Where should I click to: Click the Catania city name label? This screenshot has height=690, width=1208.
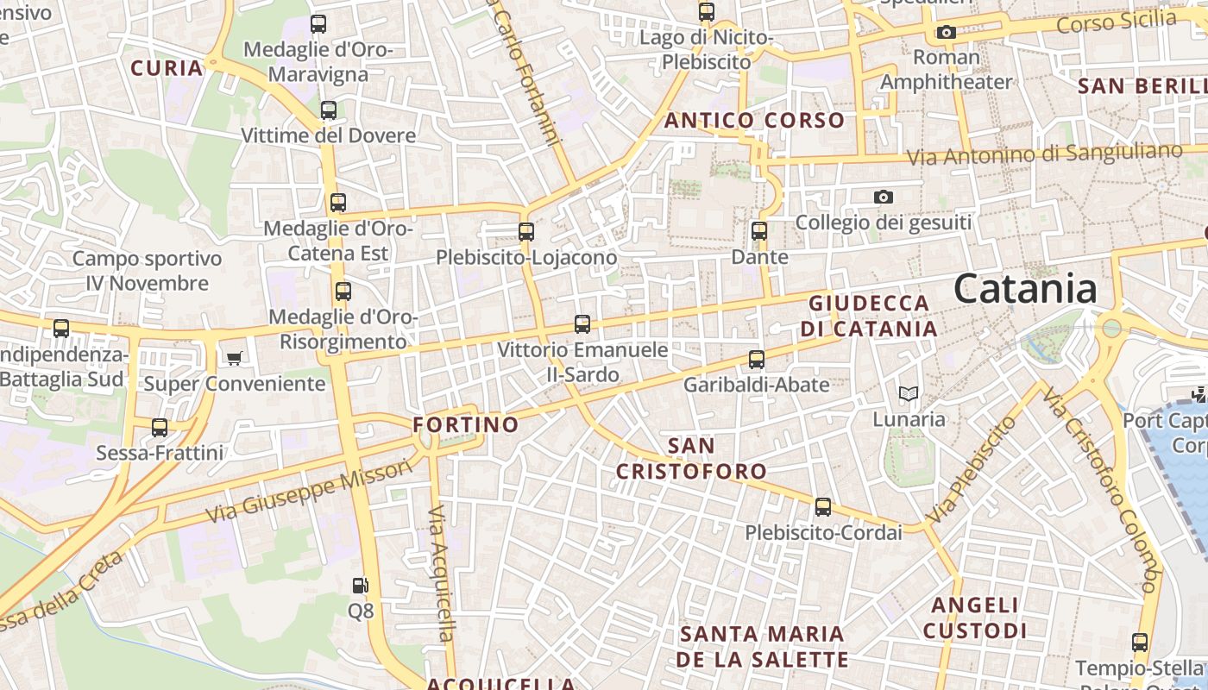(x=1025, y=289)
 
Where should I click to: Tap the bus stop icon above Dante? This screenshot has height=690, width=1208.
(x=758, y=231)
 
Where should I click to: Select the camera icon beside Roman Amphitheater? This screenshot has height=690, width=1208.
(x=946, y=33)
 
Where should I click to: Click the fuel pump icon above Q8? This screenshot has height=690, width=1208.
(x=360, y=586)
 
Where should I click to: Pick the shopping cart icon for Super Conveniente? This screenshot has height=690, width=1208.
(x=234, y=357)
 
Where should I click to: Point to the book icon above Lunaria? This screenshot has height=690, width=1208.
(x=908, y=394)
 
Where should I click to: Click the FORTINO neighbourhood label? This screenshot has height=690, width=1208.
(x=465, y=424)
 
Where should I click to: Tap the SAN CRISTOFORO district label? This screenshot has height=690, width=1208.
(x=691, y=458)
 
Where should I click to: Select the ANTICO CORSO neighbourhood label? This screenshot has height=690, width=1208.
(x=753, y=121)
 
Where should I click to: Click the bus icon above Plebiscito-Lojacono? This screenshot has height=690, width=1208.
(x=525, y=231)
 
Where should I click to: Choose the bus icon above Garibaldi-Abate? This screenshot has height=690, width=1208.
(x=756, y=359)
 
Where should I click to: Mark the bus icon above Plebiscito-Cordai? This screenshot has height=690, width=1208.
(x=823, y=507)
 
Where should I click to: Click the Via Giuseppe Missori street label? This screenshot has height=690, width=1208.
(x=310, y=492)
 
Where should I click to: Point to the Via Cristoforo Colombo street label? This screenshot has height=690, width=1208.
(x=1105, y=489)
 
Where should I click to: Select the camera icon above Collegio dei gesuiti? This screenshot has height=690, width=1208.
(x=883, y=198)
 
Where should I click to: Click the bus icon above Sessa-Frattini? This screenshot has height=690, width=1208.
(x=160, y=427)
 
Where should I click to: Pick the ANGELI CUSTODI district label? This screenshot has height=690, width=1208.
(x=975, y=618)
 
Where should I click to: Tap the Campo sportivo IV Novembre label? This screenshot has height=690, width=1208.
(x=147, y=271)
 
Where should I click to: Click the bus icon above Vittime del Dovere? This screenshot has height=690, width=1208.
(x=328, y=110)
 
